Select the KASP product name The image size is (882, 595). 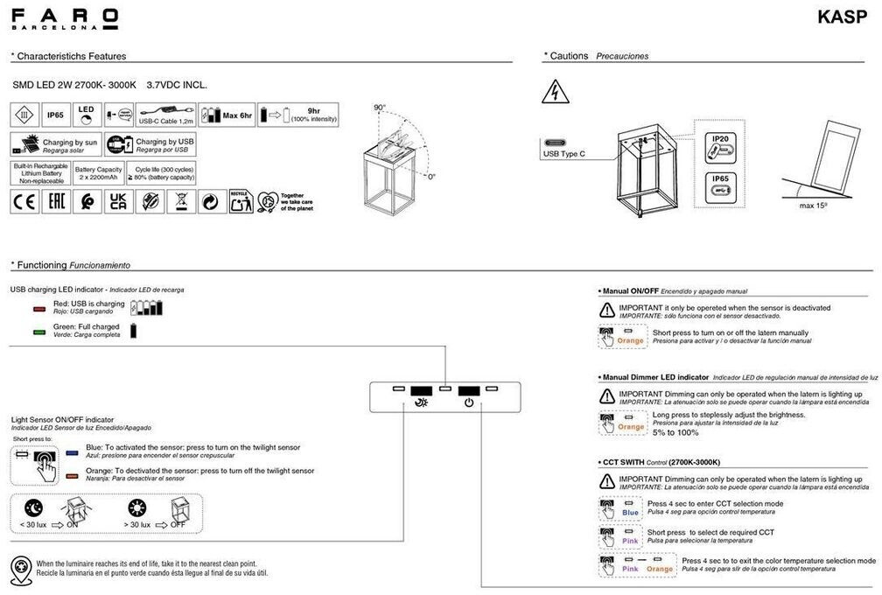point(843,17)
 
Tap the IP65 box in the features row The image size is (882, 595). point(55,115)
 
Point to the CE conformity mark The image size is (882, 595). point(23,202)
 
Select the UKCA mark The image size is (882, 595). point(117,202)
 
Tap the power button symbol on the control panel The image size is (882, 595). point(469,402)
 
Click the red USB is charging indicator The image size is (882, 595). point(38,309)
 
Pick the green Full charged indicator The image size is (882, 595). point(38,332)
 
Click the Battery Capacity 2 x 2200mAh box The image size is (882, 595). point(98,172)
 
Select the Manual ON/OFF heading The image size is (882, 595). point(630,290)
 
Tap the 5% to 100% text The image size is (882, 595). point(675,432)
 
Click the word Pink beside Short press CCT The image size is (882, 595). point(630,541)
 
